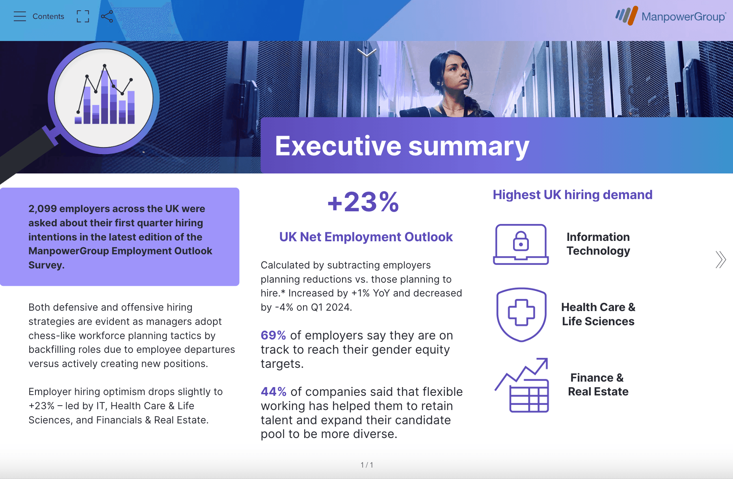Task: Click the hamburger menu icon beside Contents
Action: click(x=19, y=16)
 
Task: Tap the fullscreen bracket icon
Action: click(x=83, y=16)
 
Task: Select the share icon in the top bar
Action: click(x=107, y=16)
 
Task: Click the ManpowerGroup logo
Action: click(x=670, y=16)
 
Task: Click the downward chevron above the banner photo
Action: click(x=367, y=52)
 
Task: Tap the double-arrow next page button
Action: click(x=720, y=259)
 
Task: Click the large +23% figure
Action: click(x=363, y=202)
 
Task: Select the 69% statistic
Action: click(x=273, y=335)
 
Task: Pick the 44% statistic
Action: click(x=273, y=391)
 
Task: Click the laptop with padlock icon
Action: click(x=521, y=244)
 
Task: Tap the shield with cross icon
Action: click(x=521, y=314)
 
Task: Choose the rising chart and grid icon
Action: click(x=522, y=385)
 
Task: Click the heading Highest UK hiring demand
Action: click(x=573, y=195)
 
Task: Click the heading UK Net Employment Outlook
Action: click(x=366, y=237)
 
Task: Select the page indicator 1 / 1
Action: click(x=367, y=465)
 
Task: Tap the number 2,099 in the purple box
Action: click(x=43, y=209)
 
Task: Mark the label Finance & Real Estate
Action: click(x=598, y=384)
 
